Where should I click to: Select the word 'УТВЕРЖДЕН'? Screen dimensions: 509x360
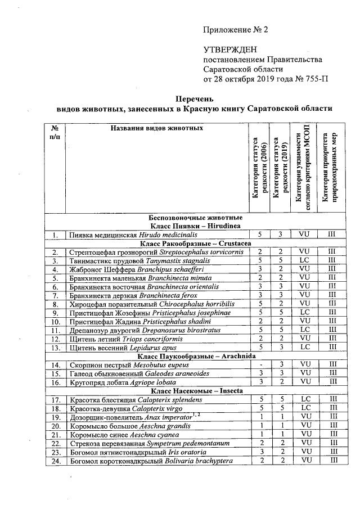[229, 51]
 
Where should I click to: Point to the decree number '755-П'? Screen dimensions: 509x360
[317, 78]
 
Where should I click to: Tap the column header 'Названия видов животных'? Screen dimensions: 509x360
[149, 129]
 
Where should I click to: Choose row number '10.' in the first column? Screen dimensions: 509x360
[55, 322]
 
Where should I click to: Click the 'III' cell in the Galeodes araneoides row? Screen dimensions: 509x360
[332, 373]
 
